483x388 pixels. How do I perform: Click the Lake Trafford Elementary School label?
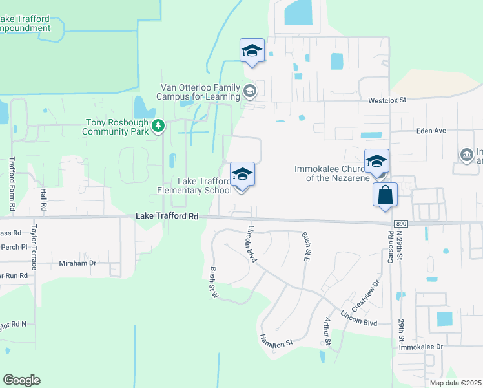(194, 186)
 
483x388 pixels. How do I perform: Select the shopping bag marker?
(385, 195)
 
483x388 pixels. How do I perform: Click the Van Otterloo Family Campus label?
(200, 92)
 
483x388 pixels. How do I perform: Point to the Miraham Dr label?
(77, 263)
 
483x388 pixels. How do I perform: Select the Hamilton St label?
(276, 340)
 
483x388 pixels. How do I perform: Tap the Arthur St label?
(327, 332)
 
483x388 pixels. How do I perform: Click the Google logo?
(21, 380)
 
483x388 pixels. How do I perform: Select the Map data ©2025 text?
(455, 383)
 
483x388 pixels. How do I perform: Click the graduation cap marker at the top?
(252, 51)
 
